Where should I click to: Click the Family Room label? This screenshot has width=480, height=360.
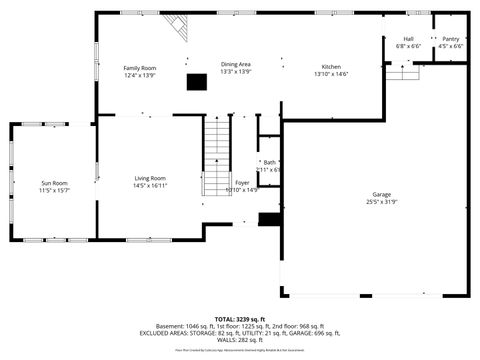tap(140, 68)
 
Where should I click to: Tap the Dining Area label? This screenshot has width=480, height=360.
tap(236, 64)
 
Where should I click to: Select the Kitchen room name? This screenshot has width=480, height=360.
tap(330, 67)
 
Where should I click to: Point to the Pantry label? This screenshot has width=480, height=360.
tap(451, 39)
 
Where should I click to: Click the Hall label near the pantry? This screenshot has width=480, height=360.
tap(408, 39)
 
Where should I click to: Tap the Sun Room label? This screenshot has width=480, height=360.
tap(54, 183)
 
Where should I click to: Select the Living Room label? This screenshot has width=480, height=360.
tap(150, 179)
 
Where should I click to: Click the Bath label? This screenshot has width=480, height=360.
tap(269, 162)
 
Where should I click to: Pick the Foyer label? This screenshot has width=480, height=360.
tap(241, 182)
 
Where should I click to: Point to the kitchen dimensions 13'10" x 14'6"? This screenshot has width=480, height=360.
tap(330, 74)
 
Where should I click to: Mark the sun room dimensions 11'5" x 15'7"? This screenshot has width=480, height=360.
tap(54, 190)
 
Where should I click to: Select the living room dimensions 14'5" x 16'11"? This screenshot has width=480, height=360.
tap(150, 186)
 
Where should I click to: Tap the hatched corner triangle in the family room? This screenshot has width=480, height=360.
tap(178, 28)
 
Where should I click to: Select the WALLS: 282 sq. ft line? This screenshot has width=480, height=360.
tap(240, 340)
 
